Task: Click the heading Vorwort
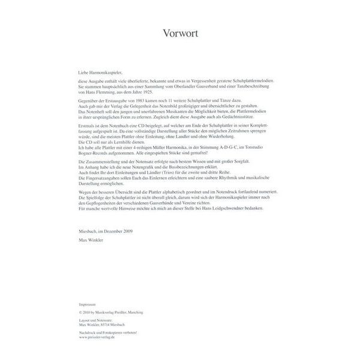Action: click(x=179, y=34)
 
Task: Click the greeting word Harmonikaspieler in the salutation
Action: click(x=109, y=71)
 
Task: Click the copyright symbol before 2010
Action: click(x=80, y=313)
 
